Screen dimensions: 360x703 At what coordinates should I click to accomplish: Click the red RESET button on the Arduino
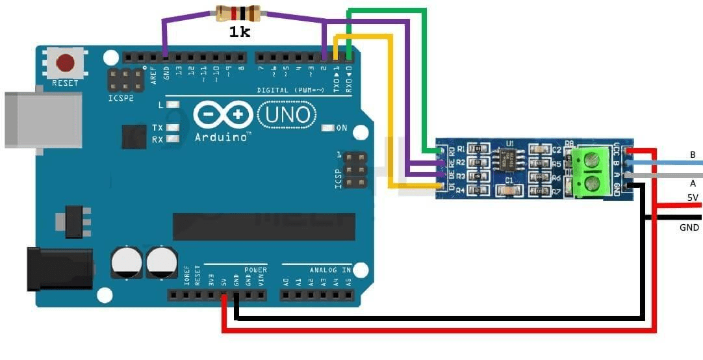click(65, 63)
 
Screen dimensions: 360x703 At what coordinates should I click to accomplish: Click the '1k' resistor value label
click(239, 31)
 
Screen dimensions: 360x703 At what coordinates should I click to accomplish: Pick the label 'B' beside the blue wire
click(693, 155)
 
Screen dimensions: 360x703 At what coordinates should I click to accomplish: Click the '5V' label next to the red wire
click(693, 198)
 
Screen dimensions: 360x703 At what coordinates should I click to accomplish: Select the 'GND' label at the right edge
click(689, 227)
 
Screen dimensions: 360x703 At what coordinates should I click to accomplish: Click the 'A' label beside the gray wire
click(693, 183)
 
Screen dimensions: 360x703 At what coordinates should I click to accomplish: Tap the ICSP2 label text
click(121, 99)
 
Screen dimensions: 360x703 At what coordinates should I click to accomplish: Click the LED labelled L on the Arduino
click(172, 105)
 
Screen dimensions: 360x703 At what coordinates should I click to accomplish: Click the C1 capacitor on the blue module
click(509, 190)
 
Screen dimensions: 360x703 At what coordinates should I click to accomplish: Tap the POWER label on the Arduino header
click(255, 269)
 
